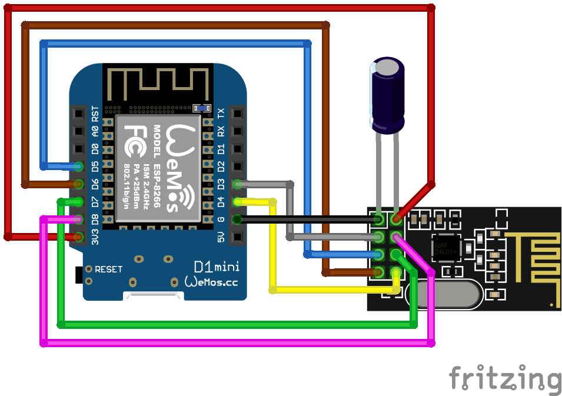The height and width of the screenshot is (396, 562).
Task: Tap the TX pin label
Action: coord(221,112)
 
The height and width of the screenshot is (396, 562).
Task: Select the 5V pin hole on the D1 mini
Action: coord(237,238)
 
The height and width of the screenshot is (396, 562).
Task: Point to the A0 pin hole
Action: coord(78,131)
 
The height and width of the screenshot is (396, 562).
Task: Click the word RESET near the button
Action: coord(109,269)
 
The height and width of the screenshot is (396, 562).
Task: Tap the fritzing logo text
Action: coord(505,379)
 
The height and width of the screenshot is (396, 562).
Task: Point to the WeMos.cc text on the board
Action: coord(212,282)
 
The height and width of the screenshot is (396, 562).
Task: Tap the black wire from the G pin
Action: coord(306,220)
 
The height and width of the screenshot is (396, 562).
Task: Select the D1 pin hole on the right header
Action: coord(237,148)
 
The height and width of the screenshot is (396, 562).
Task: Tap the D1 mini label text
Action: coord(216,268)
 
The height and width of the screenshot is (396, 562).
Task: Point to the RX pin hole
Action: coord(237,131)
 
